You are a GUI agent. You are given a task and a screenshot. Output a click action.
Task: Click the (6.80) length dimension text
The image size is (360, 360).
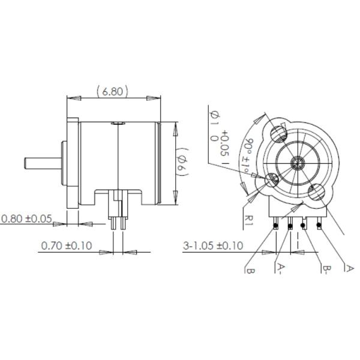pos(113,91)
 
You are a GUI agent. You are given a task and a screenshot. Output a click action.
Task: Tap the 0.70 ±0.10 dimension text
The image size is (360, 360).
pos(67,245)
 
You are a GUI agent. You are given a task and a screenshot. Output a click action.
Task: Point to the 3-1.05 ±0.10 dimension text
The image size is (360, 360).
pos(214,245)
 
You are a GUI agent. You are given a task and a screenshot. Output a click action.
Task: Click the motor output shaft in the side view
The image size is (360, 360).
pos(42,163)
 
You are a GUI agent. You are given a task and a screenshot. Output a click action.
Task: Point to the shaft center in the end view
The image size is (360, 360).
pos(296,163)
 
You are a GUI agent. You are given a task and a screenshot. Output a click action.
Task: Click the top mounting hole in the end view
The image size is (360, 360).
pos(278,131)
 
